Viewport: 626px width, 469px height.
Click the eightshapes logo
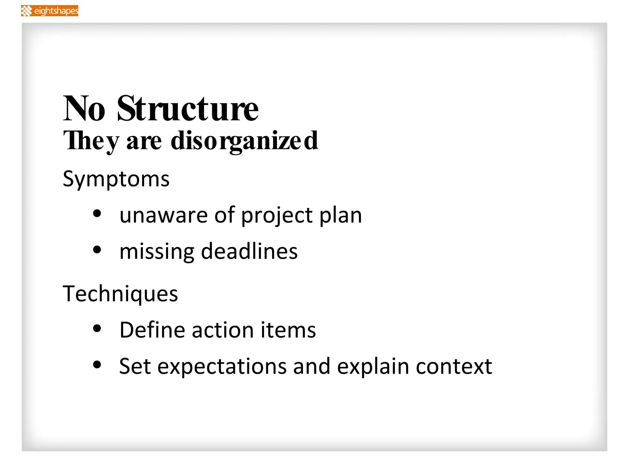coord(50,11)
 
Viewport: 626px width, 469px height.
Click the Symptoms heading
coord(116,179)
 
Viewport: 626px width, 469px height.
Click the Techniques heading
coord(120,294)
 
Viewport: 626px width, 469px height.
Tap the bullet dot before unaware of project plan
coord(97,214)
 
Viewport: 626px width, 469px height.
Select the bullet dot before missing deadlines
coord(97,250)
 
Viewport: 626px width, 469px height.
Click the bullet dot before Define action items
coord(97,329)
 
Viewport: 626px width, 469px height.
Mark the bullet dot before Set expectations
coord(97,365)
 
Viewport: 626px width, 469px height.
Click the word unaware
coord(164,215)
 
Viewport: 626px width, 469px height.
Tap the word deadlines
coord(249,251)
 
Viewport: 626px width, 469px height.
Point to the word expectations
coord(222,367)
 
